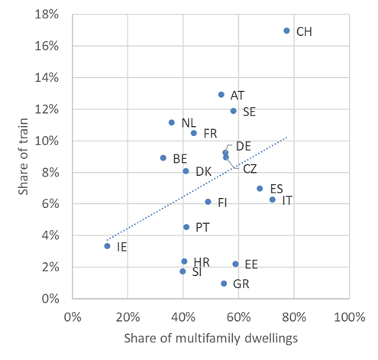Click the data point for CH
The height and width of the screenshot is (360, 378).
pyautogui.click(x=286, y=31)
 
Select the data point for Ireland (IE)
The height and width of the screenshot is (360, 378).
pyautogui.click(x=107, y=246)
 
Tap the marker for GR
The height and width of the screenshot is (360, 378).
pyautogui.click(x=224, y=284)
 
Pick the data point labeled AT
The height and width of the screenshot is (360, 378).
pyautogui.click(x=221, y=95)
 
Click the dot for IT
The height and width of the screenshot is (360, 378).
pyautogui.click(x=273, y=199)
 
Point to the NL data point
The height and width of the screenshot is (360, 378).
pyautogui.click(x=171, y=122)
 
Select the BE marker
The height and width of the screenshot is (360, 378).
pyautogui.click(x=163, y=158)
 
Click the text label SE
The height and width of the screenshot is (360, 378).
pyautogui.click(x=249, y=112)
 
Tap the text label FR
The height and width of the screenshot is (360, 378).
pyautogui.click(x=210, y=133)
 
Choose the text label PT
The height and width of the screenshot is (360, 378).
pyautogui.click(x=202, y=227)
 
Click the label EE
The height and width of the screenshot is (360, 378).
pyautogui.click(x=250, y=264)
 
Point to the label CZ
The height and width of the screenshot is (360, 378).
pyautogui.click(x=250, y=168)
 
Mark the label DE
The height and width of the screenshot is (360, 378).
pyautogui.click(x=244, y=145)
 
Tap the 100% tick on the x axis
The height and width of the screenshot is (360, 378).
pyautogui.click(x=347, y=315)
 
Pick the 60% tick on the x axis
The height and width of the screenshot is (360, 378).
pyautogui.click(x=237, y=315)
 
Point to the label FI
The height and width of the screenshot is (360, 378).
pyautogui.click(x=223, y=203)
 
